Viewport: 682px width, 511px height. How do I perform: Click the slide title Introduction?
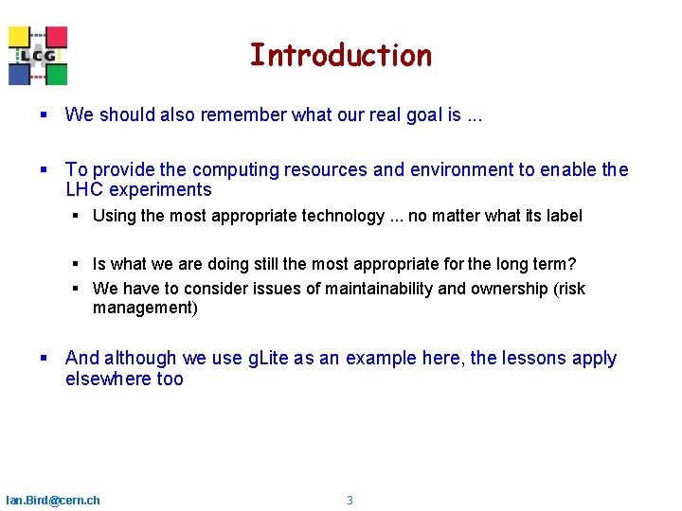coord(340,56)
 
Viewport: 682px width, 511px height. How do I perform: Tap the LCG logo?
coord(38,56)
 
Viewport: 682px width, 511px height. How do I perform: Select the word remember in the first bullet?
coord(250,115)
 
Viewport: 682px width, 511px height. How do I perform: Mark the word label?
coord(564,216)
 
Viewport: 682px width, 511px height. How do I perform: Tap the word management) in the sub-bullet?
coord(145,308)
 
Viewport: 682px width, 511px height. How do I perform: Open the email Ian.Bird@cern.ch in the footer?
coord(53,501)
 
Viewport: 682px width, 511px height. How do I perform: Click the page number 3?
coord(350,501)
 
